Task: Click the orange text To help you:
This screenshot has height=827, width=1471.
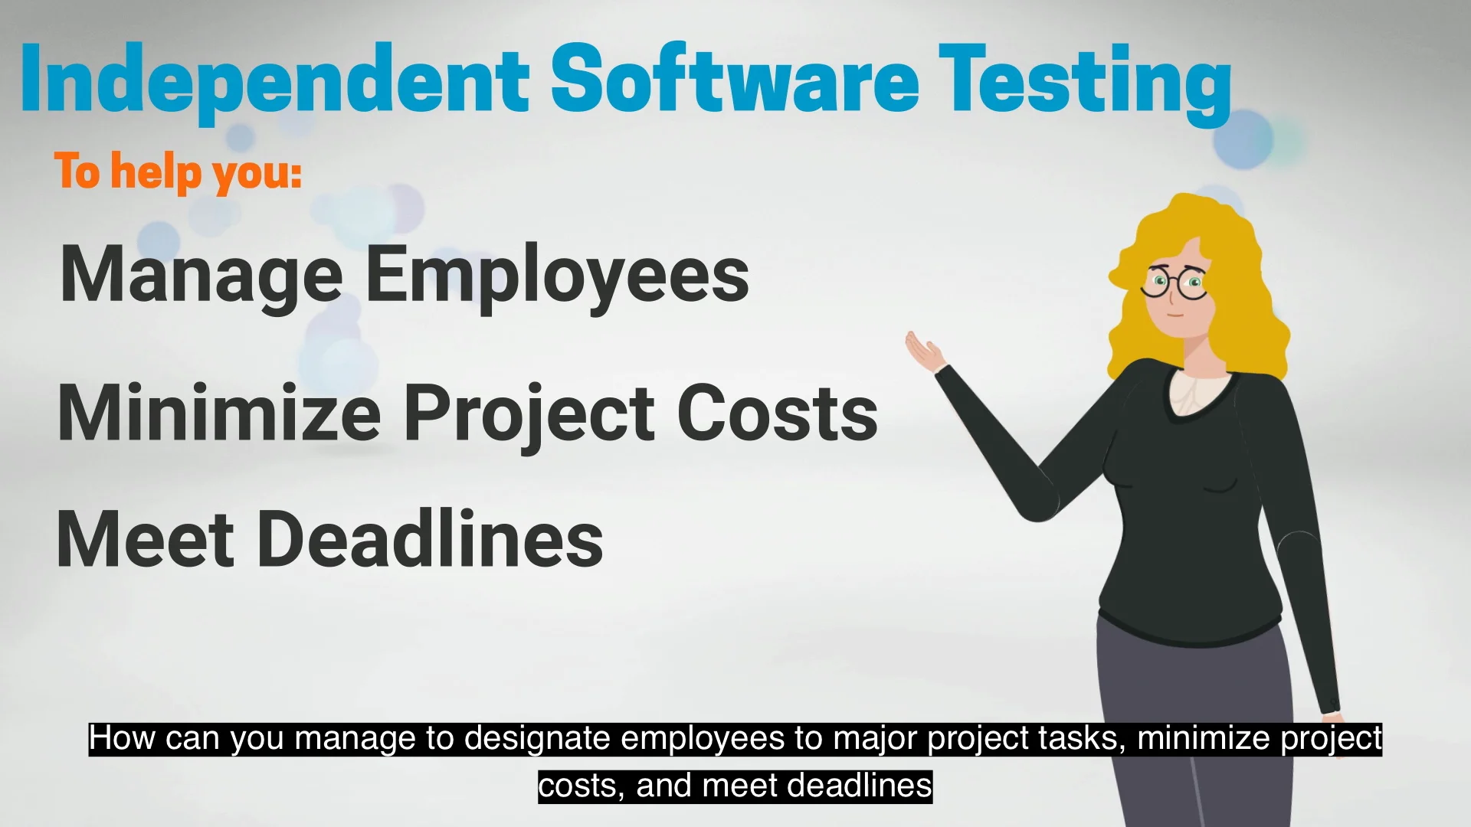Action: (178, 172)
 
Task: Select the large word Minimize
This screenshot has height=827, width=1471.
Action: (219, 413)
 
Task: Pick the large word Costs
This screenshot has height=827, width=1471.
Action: (777, 413)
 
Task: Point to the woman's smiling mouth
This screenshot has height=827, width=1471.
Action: (1175, 315)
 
